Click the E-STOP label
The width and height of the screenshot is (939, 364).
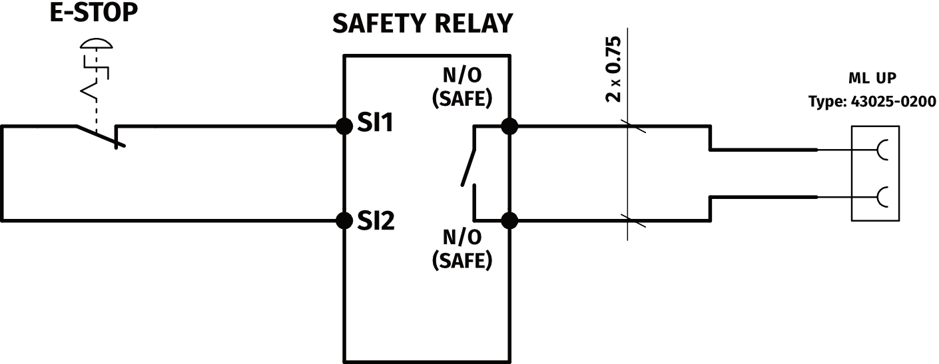click(x=94, y=14)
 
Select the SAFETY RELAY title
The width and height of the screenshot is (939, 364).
click(x=423, y=24)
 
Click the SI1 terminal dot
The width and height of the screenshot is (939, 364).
click(x=344, y=126)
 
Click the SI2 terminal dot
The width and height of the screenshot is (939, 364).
click(x=344, y=220)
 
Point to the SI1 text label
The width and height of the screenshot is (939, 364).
click(x=376, y=124)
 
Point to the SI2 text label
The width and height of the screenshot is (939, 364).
click(x=376, y=220)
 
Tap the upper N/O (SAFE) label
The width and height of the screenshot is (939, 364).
click(x=462, y=87)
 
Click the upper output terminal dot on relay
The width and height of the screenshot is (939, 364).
click(x=509, y=126)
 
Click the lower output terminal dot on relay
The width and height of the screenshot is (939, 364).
click(x=509, y=220)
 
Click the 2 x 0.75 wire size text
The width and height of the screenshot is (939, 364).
click(x=613, y=69)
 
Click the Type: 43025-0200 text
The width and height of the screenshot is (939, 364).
click(x=872, y=102)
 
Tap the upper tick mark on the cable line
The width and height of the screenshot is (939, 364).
click(x=629, y=126)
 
